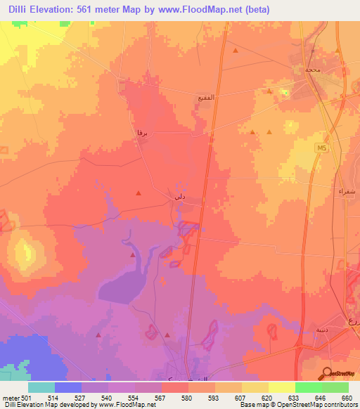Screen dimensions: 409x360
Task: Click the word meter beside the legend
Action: pos(10,398)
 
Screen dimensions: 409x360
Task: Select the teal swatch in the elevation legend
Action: pos(41,387)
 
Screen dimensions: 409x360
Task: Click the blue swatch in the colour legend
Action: pos(68,387)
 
